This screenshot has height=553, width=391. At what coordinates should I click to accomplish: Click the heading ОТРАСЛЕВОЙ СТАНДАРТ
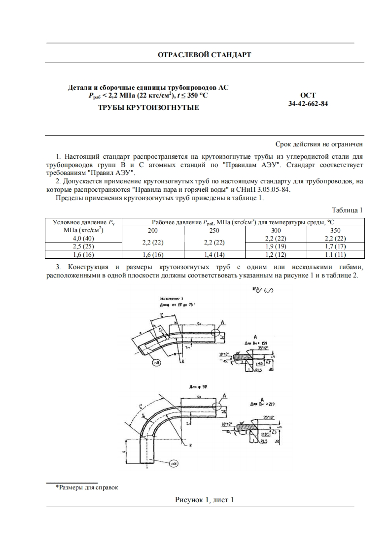click(204, 55)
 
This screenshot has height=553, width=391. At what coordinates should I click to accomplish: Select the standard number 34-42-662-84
click(308, 104)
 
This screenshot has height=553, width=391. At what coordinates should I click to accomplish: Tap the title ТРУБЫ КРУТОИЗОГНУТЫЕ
click(148, 107)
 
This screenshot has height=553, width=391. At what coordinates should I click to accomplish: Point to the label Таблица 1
click(347, 210)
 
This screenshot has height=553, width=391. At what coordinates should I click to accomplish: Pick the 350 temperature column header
click(335, 230)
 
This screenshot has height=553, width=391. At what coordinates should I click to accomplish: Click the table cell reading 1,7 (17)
click(335, 246)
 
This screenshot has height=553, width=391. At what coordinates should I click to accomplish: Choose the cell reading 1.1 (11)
click(335, 254)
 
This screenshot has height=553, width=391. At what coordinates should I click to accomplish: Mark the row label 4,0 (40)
click(83, 238)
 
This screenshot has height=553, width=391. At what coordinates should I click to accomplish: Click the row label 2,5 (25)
click(83, 246)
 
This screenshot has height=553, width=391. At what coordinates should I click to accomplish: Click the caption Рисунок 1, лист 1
click(204, 500)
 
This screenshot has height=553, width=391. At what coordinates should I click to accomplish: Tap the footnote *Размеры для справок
click(87, 487)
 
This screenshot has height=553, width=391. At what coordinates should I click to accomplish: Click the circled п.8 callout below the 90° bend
click(174, 463)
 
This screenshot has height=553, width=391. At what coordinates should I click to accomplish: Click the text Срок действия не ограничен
click(319, 144)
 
